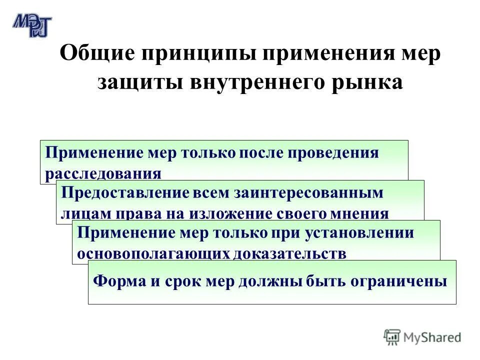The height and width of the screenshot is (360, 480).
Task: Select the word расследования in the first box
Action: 103,173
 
